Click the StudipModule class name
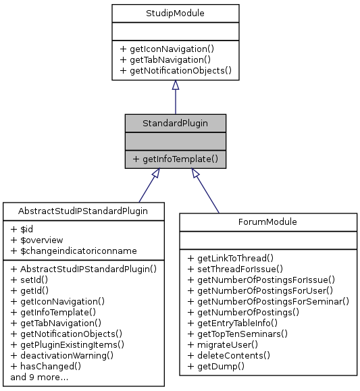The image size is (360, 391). (x=175, y=12)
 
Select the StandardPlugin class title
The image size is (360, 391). (x=175, y=122)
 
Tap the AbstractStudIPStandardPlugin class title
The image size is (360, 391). (x=84, y=210)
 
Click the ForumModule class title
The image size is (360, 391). (x=267, y=221)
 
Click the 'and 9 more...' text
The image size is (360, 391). (x=39, y=377)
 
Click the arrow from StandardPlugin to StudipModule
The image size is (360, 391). (x=175, y=97)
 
